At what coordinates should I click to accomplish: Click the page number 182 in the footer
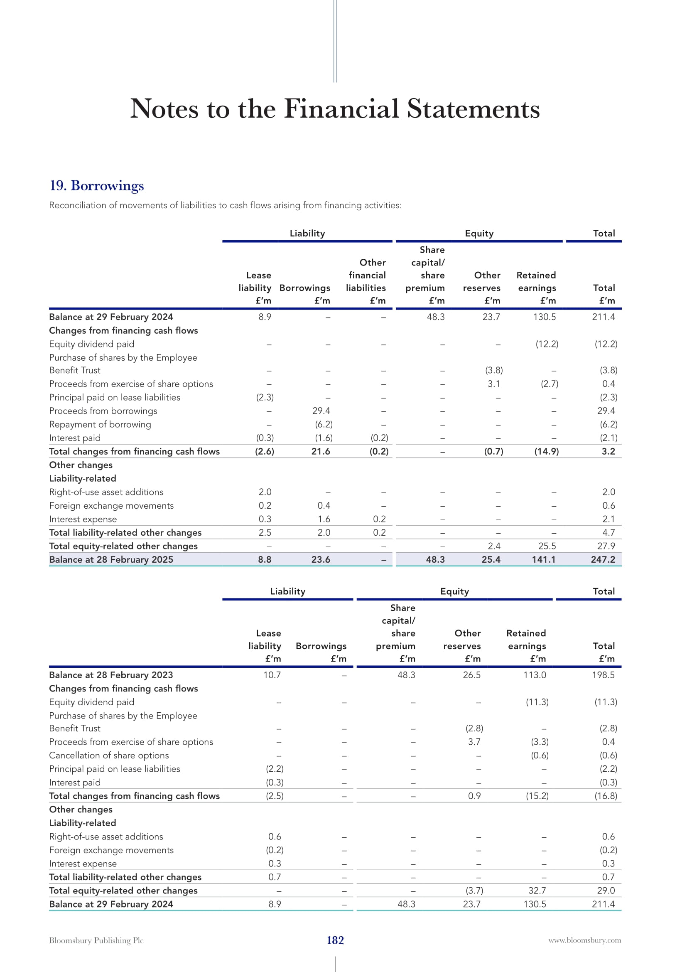(335, 940)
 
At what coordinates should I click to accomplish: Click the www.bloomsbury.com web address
(585, 940)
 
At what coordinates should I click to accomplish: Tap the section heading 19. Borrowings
(97, 185)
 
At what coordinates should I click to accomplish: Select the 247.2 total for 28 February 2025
(603, 559)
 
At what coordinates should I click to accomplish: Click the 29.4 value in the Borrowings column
(321, 411)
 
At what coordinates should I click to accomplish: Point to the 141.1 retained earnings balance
(543, 559)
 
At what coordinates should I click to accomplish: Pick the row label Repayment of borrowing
(100, 424)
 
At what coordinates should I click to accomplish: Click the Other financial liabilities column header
(366, 275)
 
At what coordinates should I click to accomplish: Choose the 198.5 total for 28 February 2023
(603, 675)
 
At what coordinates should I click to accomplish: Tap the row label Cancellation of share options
(109, 755)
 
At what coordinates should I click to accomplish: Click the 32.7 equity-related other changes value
(537, 890)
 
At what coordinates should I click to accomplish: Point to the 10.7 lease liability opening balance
(272, 675)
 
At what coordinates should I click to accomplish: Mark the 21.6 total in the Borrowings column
(321, 451)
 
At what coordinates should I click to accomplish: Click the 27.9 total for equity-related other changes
(606, 546)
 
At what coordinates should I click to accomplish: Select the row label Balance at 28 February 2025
(111, 559)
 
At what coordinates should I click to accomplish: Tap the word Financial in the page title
(341, 109)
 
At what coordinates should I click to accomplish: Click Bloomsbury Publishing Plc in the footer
(96, 940)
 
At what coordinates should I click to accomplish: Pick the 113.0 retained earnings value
(534, 675)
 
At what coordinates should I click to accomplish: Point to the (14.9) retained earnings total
(546, 451)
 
